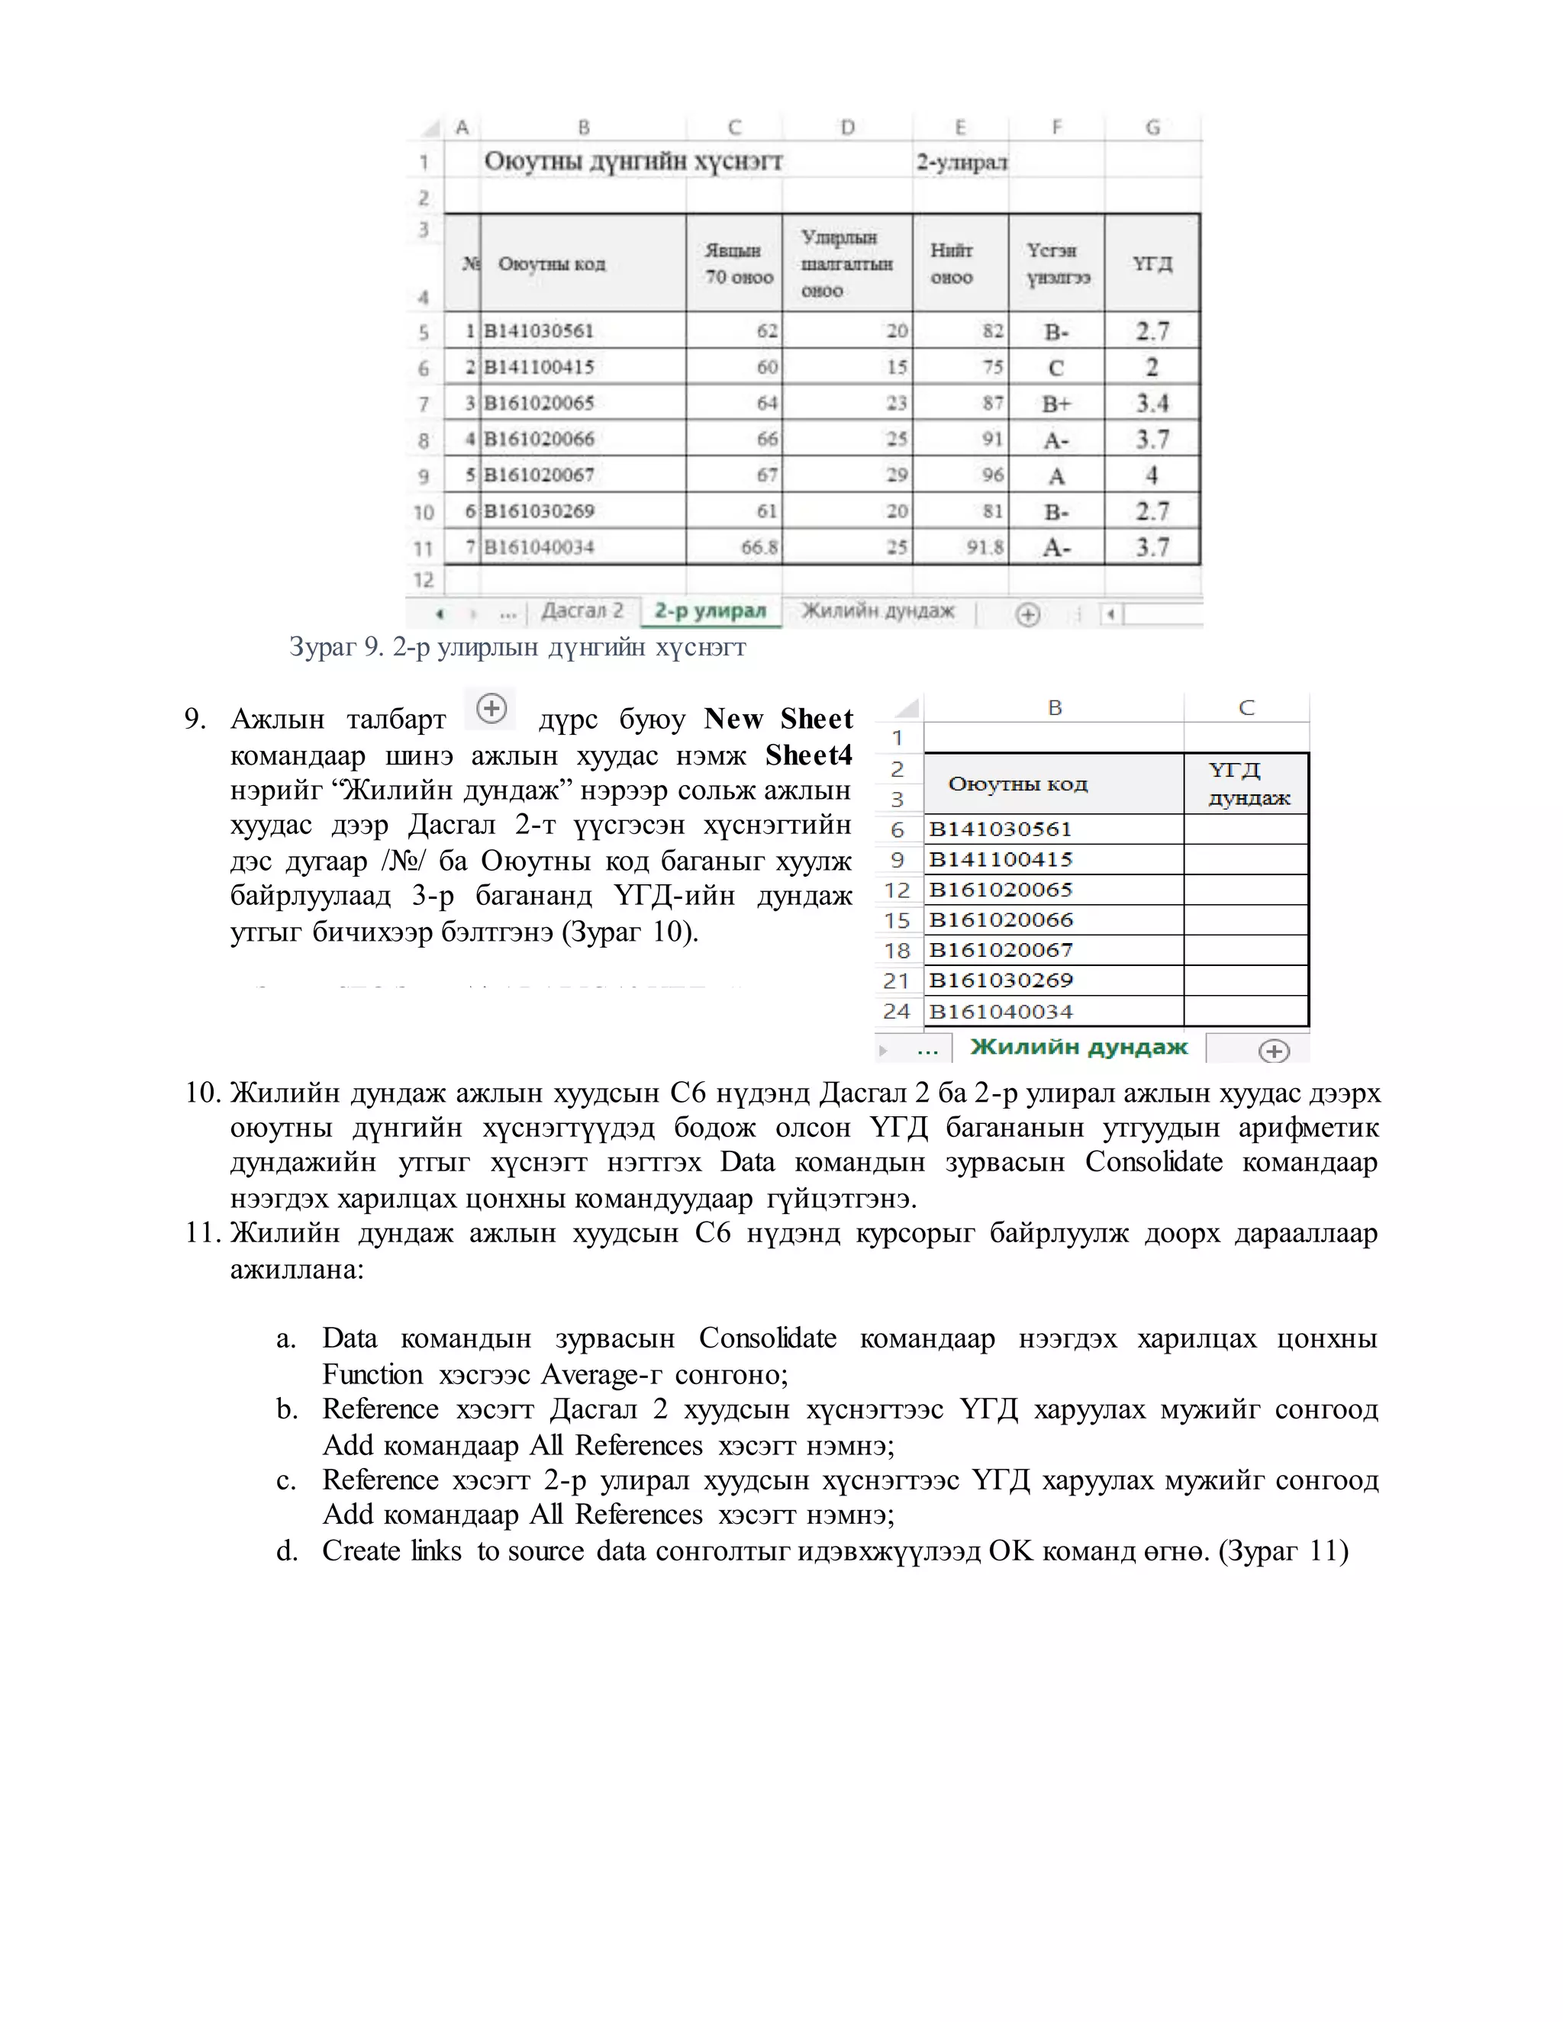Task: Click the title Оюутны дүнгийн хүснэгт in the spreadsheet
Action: (x=633, y=161)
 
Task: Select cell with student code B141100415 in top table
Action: (x=539, y=366)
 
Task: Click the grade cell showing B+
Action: (x=1055, y=403)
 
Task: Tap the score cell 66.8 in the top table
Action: (x=759, y=547)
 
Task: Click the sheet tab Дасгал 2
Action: (x=582, y=611)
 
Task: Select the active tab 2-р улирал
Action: (x=711, y=611)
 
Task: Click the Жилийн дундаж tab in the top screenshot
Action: (x=878, y=611)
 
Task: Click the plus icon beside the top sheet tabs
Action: (x=1028, y=613)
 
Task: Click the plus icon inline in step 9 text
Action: (x=491, y=709)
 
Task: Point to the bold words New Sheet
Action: (x=778, y=719)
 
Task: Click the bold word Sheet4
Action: (x=808, y=755)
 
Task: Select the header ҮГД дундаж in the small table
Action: (x=1246, y=784)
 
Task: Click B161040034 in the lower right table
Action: (x=1000, y=1011)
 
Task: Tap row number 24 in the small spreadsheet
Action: (x=896, y=1011)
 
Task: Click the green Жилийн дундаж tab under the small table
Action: (x=1078, y=1047)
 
